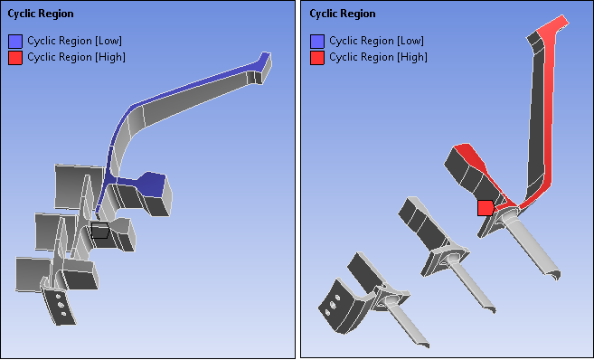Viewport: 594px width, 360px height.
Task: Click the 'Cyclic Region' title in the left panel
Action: tap(41, 14)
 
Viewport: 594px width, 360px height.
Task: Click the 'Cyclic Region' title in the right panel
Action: tap(343, 14)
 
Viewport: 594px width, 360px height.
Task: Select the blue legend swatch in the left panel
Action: tap(15, 42)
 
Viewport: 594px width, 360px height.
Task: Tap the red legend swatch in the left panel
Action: tap(15, 57)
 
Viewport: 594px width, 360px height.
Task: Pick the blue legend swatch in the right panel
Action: tap(317, 42)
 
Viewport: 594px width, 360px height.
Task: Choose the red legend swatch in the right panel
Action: tap(317, 57)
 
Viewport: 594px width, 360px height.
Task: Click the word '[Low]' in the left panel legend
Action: tap(106, 42)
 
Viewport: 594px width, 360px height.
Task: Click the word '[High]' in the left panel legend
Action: tap(108, 57)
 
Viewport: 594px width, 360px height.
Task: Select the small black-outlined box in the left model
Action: tap(100, 230)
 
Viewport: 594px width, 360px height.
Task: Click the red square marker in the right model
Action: tap(486, 208)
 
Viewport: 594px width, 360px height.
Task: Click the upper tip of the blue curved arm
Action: tap(264, 60)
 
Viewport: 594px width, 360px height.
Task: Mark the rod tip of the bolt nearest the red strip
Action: tap(554, 272)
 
